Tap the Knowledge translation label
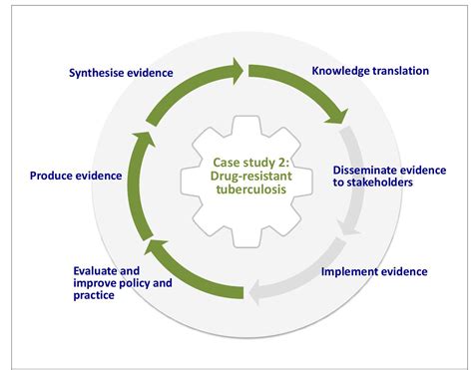(x=370, y=71)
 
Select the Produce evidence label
(x=76, y=176)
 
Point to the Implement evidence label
(x=374, y=271)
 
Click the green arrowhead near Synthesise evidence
(x=236, y=70)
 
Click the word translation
(x=396, y=71)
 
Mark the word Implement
(x=347, y=271)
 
